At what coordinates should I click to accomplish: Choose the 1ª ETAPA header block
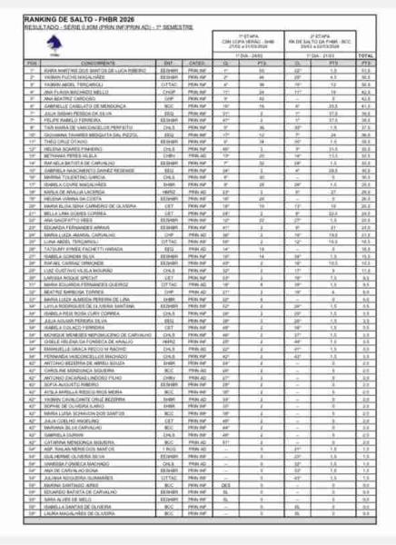click(249, 41)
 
